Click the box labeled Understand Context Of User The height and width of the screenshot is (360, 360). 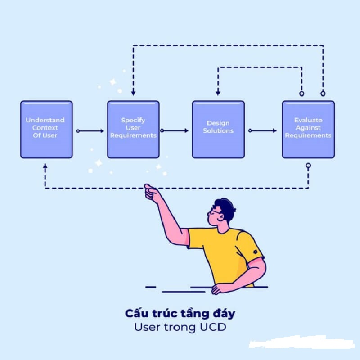(x=46, y=129)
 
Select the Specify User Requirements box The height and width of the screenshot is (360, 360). (x=133, y=129)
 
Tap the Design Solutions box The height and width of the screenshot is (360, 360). (x=218, y=129)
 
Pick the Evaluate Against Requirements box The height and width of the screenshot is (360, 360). (x=308, y=129)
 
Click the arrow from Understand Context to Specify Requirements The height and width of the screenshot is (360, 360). (x=90, y=131)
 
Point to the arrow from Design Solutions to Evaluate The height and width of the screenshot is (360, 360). (x=263, y=131)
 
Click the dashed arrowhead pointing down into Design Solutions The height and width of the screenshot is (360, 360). (x=218, y=93)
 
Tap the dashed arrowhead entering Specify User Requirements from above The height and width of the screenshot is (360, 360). (x=133, y=93)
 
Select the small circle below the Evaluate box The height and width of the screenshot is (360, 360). (x=308, y=166)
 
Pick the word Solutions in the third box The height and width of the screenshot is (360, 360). (x=218, y=131)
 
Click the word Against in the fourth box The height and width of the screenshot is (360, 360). (x=308, y=128)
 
